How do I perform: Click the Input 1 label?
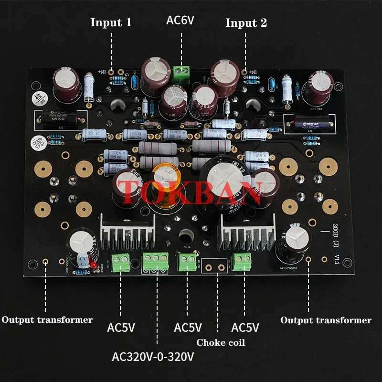point(110,22)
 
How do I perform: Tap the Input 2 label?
point(246,22)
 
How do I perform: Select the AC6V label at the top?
point(181,21)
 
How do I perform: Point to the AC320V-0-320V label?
point(157,357)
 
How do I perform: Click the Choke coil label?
point(220,342)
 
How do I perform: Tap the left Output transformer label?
point(47,320)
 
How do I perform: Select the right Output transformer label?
point(326,320)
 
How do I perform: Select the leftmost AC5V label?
point(121,328)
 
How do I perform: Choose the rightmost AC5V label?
point(245,328)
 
